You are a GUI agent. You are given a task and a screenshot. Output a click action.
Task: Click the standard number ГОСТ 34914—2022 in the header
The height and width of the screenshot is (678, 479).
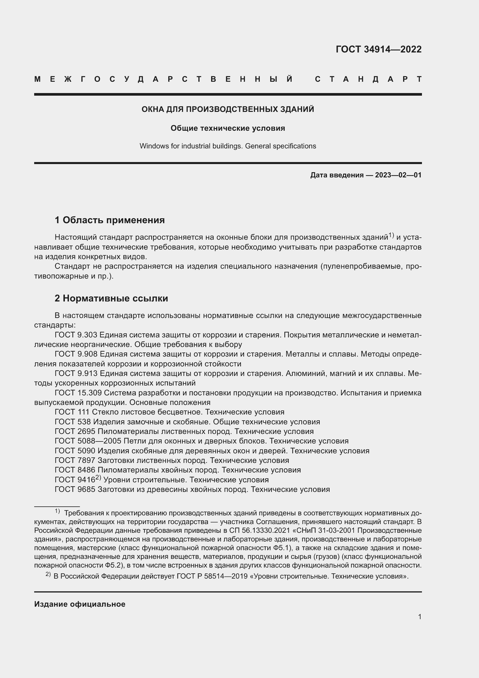379,49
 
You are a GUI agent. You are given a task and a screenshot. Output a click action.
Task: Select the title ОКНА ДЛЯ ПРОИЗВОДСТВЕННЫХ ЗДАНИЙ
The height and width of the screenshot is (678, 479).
228,109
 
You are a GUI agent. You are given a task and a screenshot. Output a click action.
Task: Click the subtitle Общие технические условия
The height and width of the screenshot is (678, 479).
228,128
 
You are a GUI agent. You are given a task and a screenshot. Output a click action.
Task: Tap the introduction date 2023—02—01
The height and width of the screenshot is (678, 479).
398,175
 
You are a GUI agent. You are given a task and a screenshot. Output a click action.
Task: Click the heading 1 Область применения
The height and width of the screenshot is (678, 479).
110,220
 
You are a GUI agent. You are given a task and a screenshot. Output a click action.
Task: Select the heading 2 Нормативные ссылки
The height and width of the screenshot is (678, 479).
111,298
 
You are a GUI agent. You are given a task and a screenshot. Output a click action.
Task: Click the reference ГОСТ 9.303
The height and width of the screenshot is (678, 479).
76,335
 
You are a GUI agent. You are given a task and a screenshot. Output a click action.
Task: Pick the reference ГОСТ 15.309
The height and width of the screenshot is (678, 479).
78,393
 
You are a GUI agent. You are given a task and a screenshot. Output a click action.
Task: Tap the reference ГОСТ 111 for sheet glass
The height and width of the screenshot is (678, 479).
72,412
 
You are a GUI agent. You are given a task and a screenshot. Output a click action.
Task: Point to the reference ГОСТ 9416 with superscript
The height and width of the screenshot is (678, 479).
75,479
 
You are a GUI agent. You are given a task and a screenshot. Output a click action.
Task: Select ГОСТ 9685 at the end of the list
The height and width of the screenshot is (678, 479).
75,489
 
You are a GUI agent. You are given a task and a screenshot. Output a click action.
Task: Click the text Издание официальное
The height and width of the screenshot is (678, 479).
80,604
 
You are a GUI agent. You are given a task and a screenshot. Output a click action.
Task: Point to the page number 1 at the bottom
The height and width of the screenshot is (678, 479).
419,617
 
